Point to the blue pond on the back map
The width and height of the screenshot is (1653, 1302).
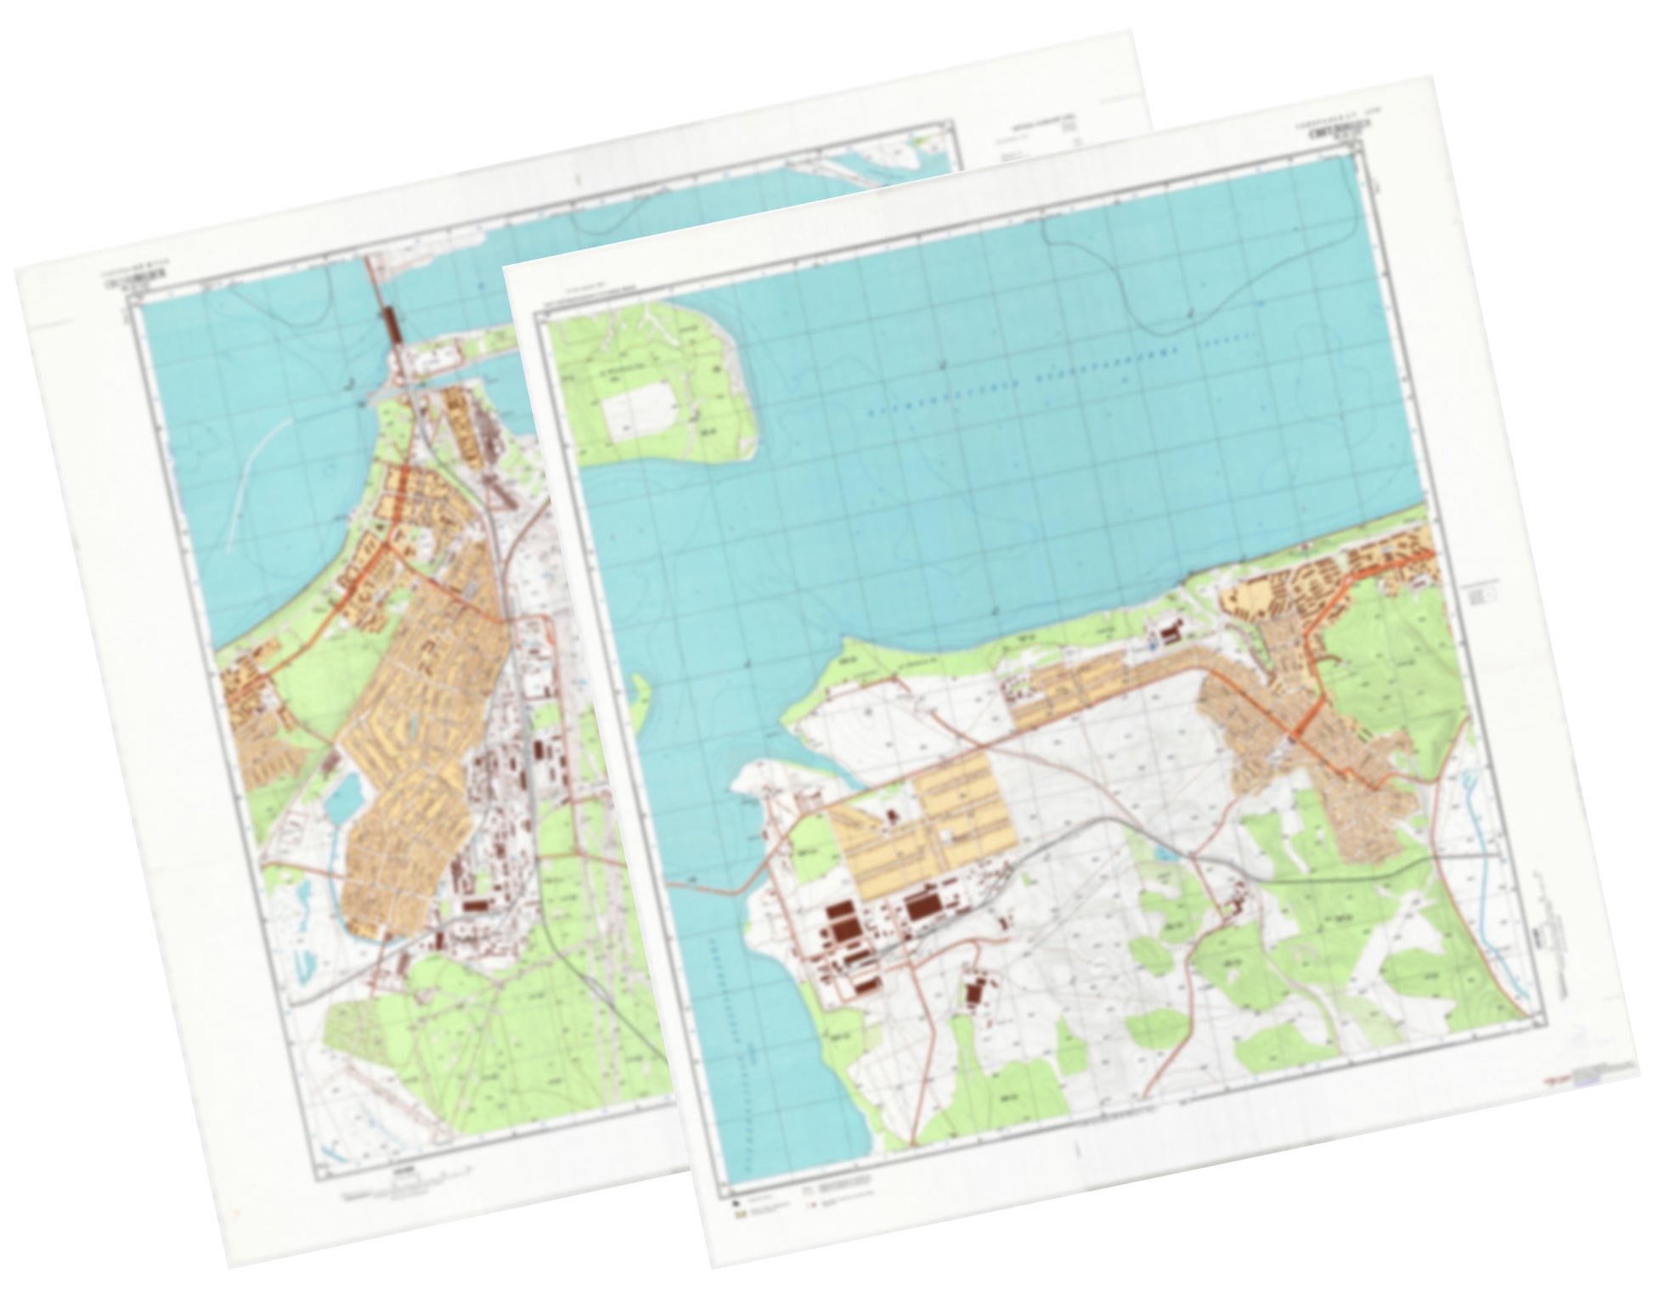[x=343, y=798]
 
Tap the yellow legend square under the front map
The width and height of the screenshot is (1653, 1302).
[x=740, y=1216]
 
